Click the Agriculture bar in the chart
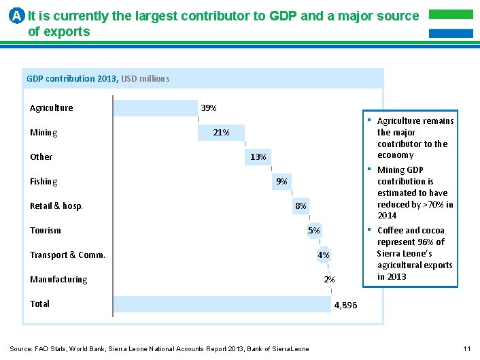(155, 108)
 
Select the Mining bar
(221, 133)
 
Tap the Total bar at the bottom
(222, 304)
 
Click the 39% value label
(209, 108)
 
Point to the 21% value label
(221, 133)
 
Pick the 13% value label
(258, 157)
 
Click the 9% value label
(281, 182)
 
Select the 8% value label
(301, 206)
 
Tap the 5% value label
(313, 231)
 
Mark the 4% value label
(324, 255)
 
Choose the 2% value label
(329, 280)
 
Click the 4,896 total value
(345, 306)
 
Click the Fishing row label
(44, 182)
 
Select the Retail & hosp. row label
(56, 206)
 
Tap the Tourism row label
(46, 231)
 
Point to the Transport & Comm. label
(67, 255)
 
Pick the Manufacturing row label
(58, 280)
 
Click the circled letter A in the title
(18, 16)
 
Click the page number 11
(466, 349)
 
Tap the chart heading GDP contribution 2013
(71, 79)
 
